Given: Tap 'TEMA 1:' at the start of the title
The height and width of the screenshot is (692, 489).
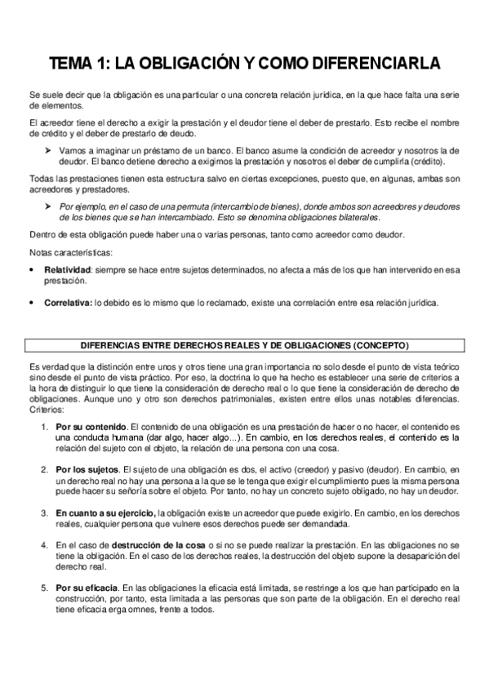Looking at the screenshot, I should point(78,63).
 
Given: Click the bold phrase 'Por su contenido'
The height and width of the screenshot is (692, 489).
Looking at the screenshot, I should point(91,427).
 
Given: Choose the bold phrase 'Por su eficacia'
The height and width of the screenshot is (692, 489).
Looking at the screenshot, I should point(87,587).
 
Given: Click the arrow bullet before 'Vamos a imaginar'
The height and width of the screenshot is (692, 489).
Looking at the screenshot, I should point(48,151).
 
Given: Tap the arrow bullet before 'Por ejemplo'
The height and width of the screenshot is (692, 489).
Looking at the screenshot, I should point(48,206).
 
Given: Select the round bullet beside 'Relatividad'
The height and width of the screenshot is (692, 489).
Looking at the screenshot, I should point(31,268).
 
